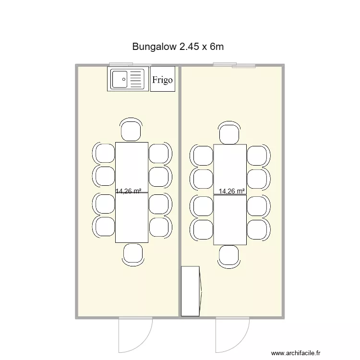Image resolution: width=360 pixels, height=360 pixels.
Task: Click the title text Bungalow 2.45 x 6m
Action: pos(178,47)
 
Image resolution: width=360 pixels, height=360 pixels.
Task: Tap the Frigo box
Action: pos(163,80)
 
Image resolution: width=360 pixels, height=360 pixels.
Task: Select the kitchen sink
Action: pos(128,79)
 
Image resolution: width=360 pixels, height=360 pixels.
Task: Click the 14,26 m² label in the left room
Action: pos(128,191)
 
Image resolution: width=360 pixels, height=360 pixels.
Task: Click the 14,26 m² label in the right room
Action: pos(231,191)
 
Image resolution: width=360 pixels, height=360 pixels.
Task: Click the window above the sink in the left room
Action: pos(121,64)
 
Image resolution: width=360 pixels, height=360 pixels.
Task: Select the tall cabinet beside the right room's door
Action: pos(190,291)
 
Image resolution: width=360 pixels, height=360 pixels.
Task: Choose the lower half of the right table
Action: pos(230,220)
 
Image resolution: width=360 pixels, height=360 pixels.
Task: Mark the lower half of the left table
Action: pos(132,218)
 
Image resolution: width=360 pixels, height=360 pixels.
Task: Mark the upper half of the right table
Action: pos(230,168)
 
